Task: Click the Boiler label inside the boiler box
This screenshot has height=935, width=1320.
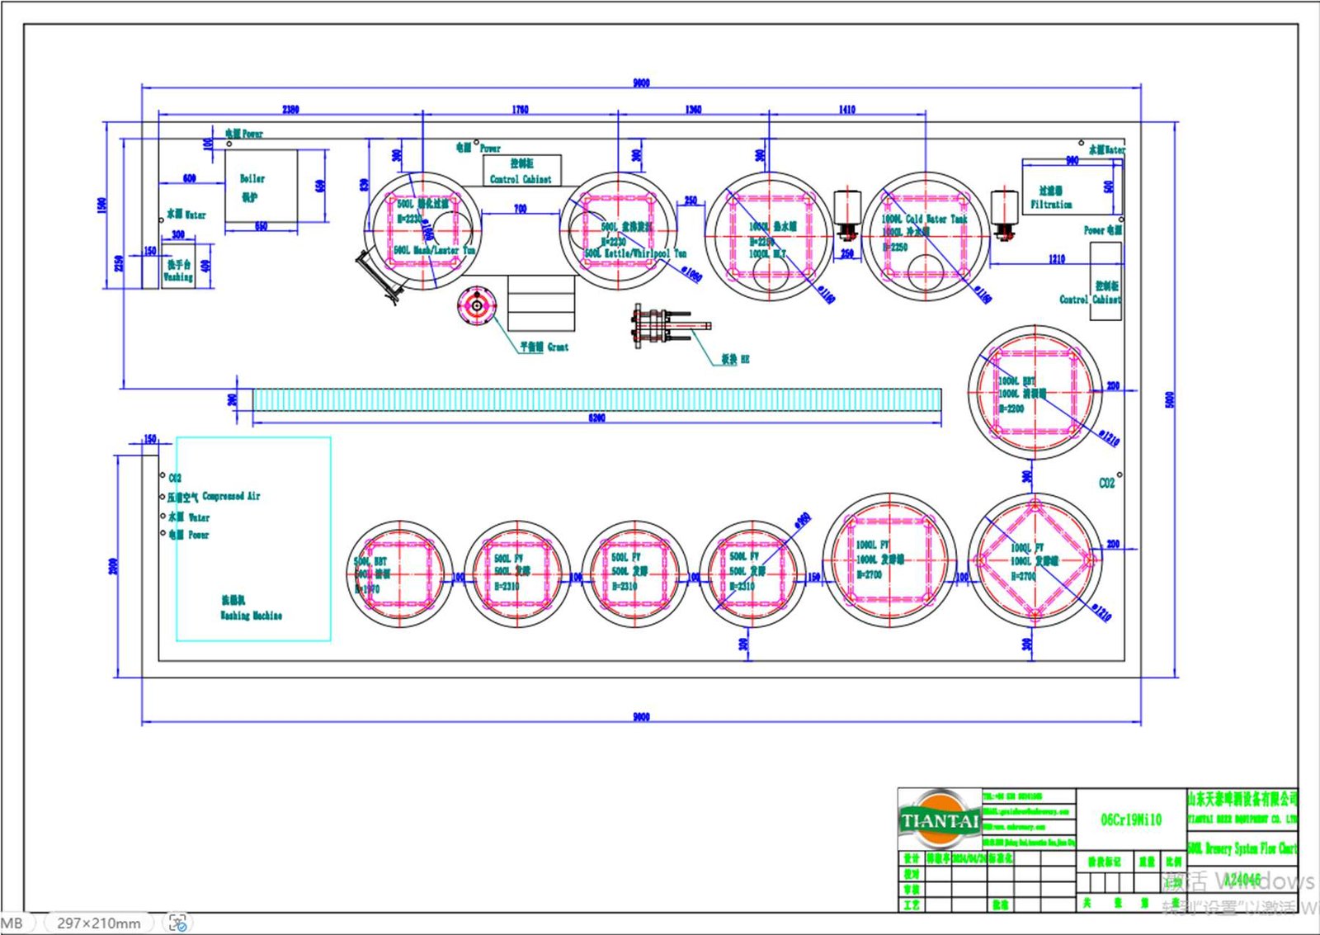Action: pos(252,178)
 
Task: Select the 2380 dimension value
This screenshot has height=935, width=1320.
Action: pos(290,109)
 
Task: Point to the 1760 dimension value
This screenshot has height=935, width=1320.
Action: pos(520,109)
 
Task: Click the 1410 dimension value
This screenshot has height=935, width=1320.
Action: pos(847,109)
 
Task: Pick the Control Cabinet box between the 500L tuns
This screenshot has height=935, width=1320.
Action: pos(521,171)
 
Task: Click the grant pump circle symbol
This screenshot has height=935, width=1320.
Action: pos(477,306)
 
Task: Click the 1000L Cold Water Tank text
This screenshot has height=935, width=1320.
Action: pos(924,220)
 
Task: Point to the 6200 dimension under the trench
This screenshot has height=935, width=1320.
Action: pos(596,418)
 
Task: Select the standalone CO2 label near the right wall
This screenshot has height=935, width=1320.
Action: pos(1106,483)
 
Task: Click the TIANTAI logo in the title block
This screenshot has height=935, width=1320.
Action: pos(940,820)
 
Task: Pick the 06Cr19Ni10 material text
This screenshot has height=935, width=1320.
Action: pos(1131,819)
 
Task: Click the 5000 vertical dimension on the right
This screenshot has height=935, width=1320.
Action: pos(1169,399)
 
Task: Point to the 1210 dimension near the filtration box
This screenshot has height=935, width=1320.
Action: pos(1057,258)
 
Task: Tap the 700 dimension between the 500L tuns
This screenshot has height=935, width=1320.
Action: pos(520,209)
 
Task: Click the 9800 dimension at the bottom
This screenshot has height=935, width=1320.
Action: pos(641,716)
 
